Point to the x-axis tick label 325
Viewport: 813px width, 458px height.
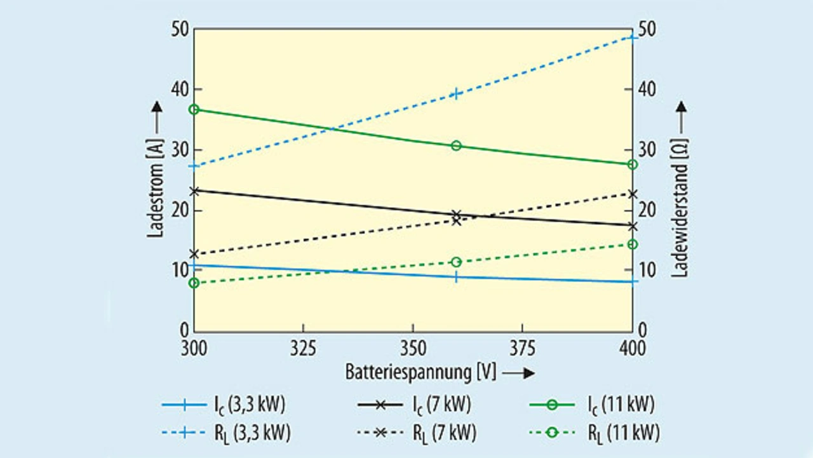pos(304,348)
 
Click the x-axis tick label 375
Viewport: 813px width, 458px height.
pos(522,348)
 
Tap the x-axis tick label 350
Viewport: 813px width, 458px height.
pos(413,348)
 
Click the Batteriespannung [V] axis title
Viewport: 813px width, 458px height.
pos(420,372)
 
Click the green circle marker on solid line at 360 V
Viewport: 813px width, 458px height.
pos(456,145)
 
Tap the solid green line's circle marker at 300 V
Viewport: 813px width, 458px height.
pos(194,109)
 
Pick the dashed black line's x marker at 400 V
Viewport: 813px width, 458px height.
pos(632,194)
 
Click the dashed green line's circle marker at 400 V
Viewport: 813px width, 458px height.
pos(632,244)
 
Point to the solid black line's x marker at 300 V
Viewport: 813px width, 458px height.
pos(194,190)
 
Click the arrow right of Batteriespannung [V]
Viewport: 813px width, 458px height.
pos(519,373)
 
